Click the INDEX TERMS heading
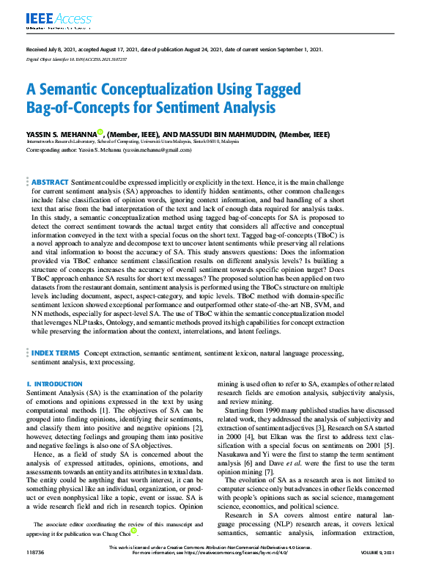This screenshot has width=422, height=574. coord(56,353)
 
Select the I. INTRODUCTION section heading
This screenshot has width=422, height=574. coord(54,384)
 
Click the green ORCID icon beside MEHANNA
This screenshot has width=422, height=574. coord(101,134)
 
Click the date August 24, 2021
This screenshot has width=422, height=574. coord(209,49)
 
